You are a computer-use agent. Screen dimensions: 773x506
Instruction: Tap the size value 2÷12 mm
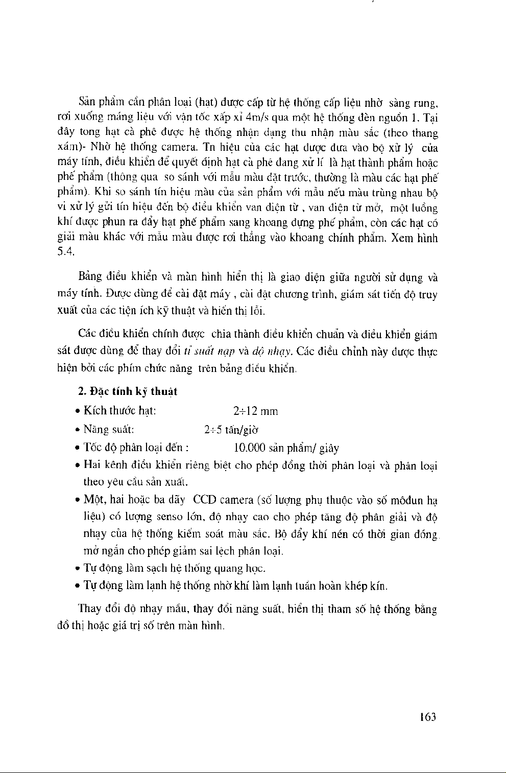point(255,411)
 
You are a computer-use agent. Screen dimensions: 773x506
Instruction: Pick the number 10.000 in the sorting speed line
point(249,448)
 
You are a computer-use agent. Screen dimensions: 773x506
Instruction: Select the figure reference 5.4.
point(65,252)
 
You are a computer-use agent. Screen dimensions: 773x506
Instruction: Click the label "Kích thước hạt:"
point(120,411)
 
